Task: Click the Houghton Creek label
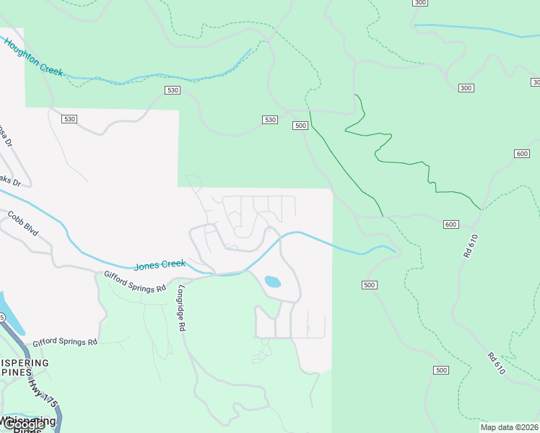click(34, 58)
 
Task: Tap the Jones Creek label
click(160, 265)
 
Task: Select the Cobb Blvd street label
click(22, 224)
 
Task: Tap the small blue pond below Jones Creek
click(272, 281)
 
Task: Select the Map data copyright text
click(509, 427)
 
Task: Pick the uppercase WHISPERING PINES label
click(25, 368)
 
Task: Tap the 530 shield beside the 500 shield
click(269, 119)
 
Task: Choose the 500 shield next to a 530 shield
click(301, 126)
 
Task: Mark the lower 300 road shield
click(466, 88)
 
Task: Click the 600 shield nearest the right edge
click(523, 154)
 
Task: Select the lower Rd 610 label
click(495, 363)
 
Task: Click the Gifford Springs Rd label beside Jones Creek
click(135, 281)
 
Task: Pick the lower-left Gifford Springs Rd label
click(64, 341)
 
